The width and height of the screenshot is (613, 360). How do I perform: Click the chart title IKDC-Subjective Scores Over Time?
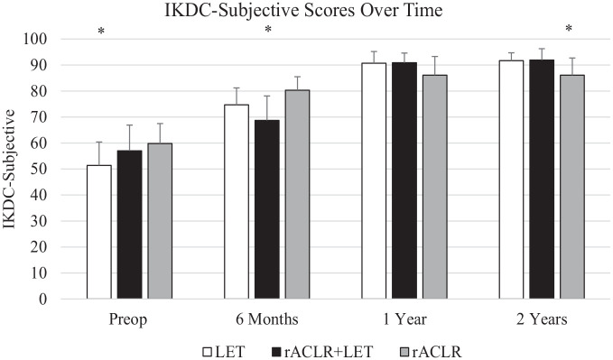[x=303, y=10]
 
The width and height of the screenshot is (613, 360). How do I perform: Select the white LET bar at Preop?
[x=99, y=232]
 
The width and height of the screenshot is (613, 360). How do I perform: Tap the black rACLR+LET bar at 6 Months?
[x=267, y=209]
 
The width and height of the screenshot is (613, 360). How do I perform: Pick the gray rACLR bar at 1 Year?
[x=435, y=187]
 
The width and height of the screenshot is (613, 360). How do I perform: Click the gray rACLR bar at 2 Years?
[x=572, y=187]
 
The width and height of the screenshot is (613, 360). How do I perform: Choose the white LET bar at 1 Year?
[x=374, y=181]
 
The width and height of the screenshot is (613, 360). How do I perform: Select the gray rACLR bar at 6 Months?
[x=297, y=195]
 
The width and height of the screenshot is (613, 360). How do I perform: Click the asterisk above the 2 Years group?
[x=569, y=28]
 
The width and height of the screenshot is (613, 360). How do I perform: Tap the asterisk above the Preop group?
[x=101, y=32]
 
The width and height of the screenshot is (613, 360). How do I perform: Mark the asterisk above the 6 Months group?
[x=268, y=29]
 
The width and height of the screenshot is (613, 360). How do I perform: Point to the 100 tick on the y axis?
[x=35, y=39]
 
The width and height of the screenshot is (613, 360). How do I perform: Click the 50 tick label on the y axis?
[x=39, y=170]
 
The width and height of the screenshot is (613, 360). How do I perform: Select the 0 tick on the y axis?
[x=43, y=300]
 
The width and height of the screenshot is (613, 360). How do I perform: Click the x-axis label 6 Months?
[x=267, y=319]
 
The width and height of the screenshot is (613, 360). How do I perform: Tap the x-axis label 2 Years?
[x=542, y=319]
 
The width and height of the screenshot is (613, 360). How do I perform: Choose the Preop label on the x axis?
[x=128, y=319]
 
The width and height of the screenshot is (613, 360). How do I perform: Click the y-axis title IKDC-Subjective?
[x=9, y=170]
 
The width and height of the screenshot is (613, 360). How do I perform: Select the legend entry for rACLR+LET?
[x=321, y=352]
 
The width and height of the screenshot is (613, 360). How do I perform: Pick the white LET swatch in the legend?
[x=208, y=352]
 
